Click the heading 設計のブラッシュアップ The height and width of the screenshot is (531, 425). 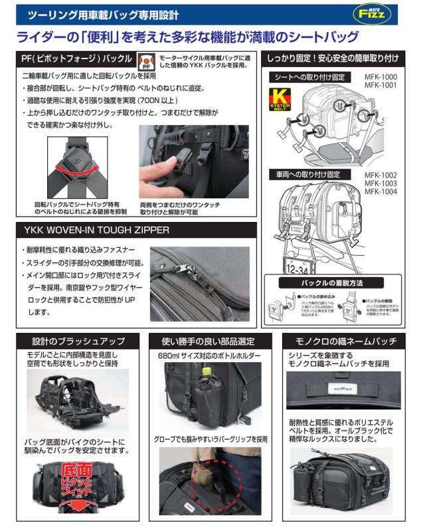point(74,341)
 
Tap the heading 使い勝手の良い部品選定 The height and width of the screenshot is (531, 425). point(211,341)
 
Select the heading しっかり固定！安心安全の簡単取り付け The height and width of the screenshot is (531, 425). point(341,58)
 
